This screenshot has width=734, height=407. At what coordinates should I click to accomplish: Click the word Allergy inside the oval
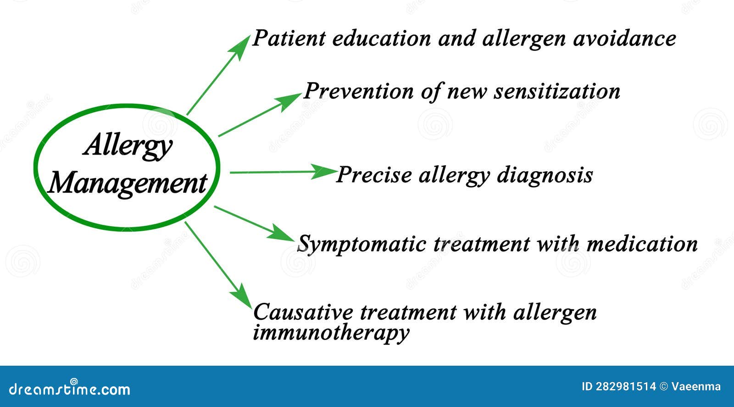(128, 146)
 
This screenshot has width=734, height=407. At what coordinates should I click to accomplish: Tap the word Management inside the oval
(128, 184)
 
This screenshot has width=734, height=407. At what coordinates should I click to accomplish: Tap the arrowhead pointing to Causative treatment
(244, 299)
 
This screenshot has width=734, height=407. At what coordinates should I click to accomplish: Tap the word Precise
(374, 175)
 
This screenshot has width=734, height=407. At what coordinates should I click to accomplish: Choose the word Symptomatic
(362, 244)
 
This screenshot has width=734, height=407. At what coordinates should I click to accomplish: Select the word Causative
(303, 312)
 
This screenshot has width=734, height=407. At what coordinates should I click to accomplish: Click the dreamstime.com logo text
(70, 389)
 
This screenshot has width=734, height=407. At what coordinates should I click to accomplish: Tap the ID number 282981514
(626, 386)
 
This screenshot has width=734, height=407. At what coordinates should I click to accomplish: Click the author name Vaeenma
(696, 386)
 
